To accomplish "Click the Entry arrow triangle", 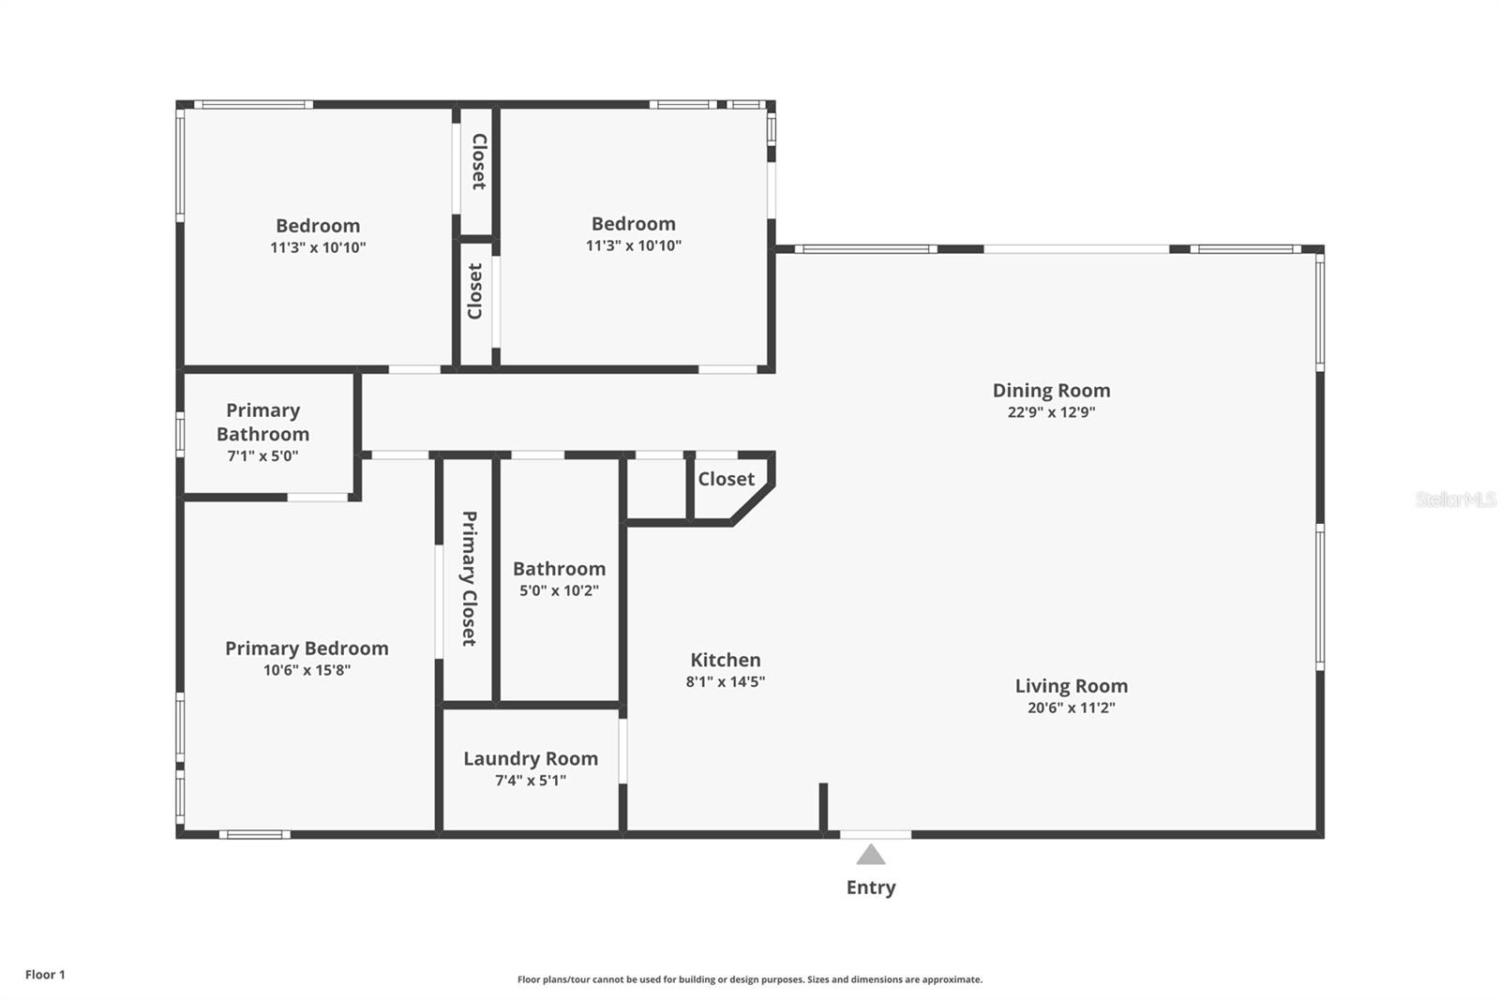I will click(871, 855).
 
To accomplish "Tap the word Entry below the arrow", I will click(871, 887).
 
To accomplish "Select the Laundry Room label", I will click(531, 758).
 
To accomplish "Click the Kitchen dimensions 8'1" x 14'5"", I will click(725, 682).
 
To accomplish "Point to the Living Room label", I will click(1071, 686).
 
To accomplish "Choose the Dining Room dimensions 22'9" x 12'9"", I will click(1051, 412).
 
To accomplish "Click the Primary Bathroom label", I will click(262, 422).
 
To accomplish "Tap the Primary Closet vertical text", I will click(469, 578).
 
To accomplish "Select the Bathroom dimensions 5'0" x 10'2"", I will click(559, 590).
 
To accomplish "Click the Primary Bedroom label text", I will click(307, 649).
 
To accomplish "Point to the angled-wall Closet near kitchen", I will click(726, 479).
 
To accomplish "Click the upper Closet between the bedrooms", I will click(478, 161).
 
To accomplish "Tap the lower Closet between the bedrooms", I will click(475, 291).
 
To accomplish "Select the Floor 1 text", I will click(45, 975).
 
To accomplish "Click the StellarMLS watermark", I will click(1455, 499).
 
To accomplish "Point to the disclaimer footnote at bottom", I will click(750, 979).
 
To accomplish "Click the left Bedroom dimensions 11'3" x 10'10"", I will click(318, 248).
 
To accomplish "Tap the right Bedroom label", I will click(633, 224).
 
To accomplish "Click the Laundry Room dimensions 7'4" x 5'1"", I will click(531, 781).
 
